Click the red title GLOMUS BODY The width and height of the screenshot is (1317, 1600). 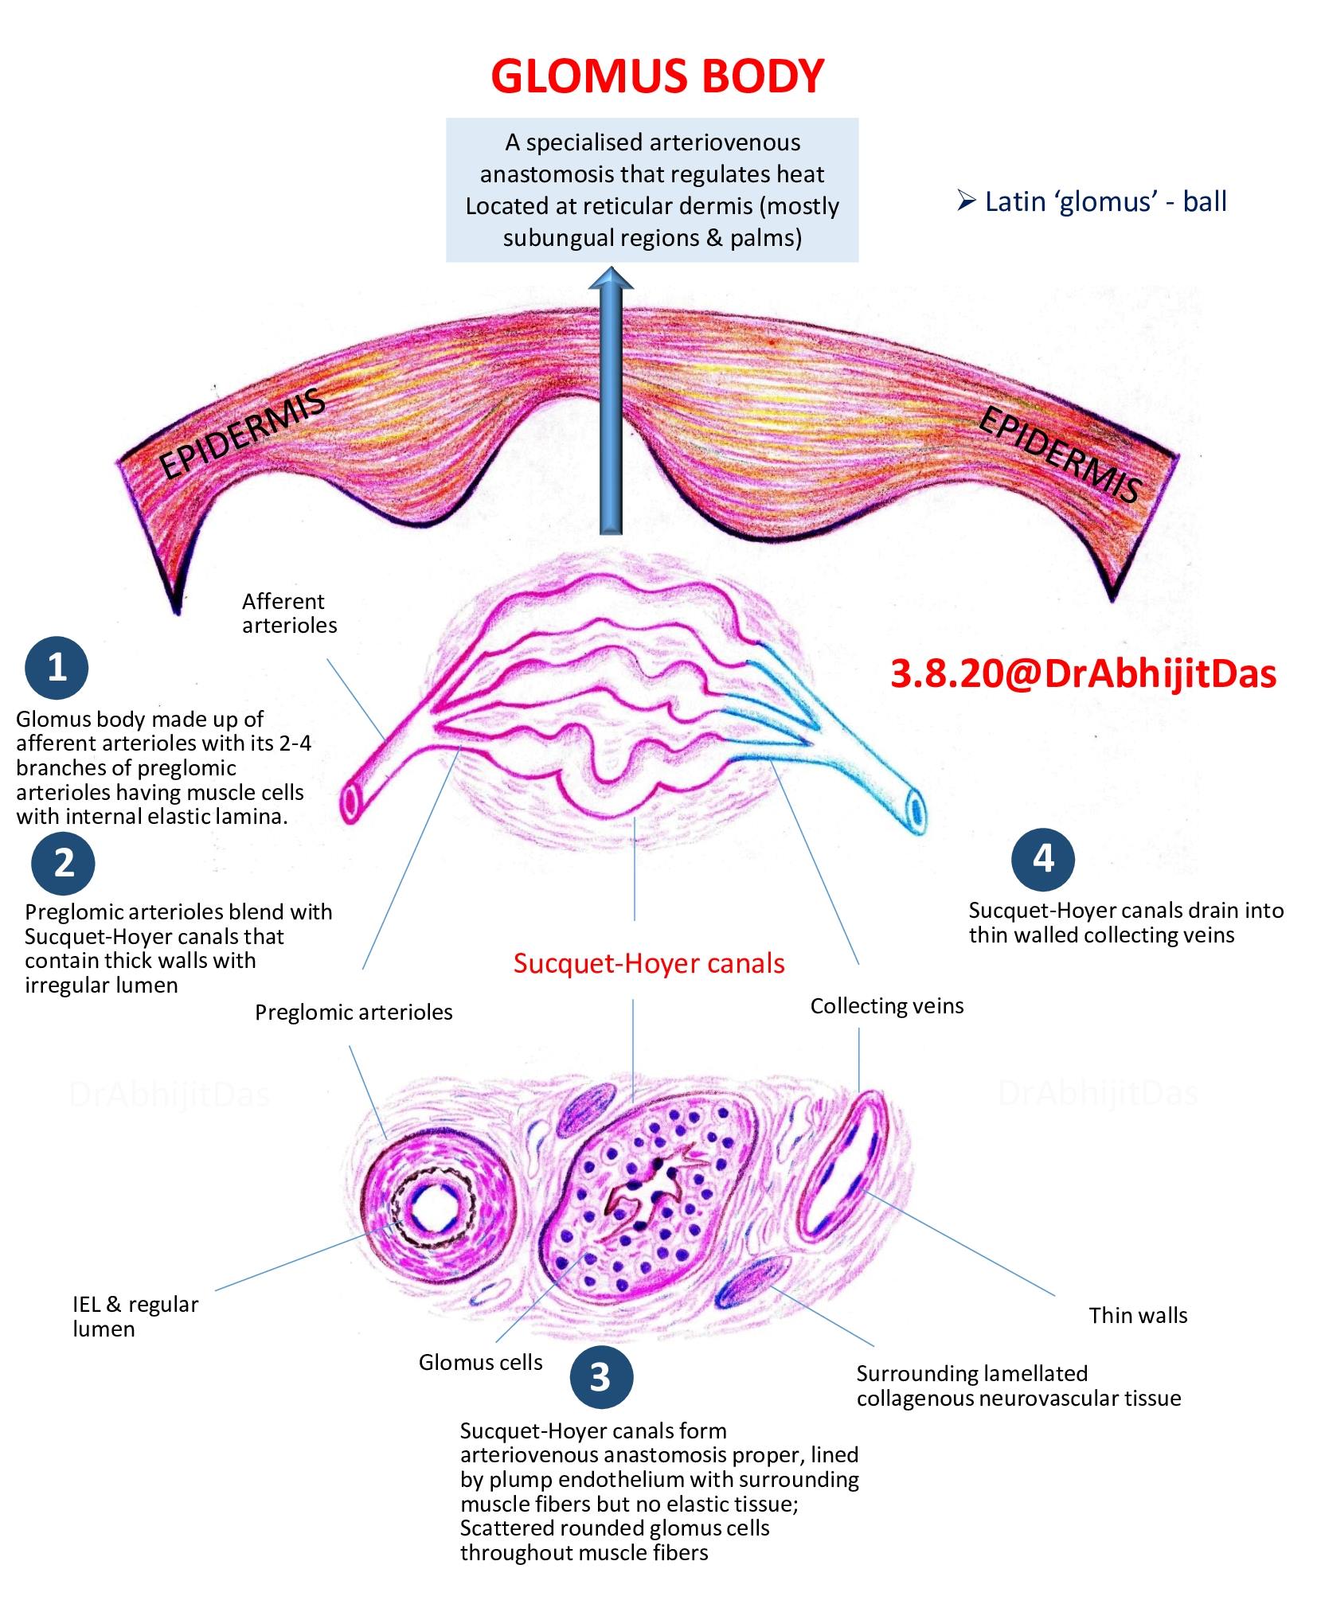657,76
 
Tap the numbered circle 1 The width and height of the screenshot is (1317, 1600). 57,667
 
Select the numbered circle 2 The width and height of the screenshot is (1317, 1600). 64,864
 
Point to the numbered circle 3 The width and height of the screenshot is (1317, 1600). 601,1377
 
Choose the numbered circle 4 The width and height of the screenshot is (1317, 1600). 1043,860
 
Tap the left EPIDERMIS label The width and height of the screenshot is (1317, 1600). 243,434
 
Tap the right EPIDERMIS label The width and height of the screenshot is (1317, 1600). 1061,454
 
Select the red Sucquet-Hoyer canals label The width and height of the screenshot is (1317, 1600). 649,963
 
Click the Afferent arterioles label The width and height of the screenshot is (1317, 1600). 289,613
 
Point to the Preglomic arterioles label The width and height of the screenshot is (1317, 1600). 354,1012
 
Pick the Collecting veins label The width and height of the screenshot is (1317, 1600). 887,1006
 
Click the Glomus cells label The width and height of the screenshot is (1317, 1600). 480,1362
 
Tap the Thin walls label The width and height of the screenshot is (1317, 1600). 1138,1315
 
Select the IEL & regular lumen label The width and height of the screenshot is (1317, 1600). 135,1317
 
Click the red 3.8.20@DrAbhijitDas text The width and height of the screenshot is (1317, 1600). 1083,673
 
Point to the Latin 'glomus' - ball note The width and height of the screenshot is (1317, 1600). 1092,201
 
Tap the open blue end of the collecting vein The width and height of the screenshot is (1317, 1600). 918,811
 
